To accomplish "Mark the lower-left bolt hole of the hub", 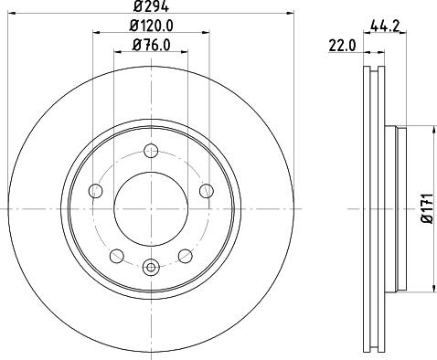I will click(x=117, y=255).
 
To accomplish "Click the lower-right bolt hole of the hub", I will click(x=185, y=255).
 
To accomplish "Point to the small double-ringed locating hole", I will click(x=151, y=267).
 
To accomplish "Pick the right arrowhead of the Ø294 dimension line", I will click(x=284, y=17).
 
